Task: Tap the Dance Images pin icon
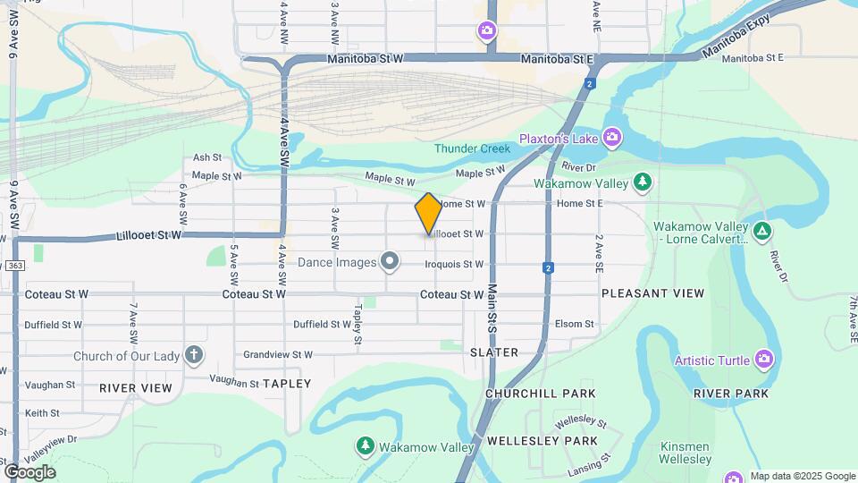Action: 389,262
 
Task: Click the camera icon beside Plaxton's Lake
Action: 611,137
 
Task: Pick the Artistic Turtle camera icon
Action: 763,360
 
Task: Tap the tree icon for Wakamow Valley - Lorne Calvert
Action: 761,232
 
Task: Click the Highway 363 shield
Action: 14,265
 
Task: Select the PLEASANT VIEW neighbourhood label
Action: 652,293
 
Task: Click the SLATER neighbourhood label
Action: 494,352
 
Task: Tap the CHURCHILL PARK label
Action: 540,394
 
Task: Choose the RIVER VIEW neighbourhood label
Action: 135,388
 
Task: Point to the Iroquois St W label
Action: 454,264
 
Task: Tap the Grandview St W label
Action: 278,354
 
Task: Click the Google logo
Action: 29,472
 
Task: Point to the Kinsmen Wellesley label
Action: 686,453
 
